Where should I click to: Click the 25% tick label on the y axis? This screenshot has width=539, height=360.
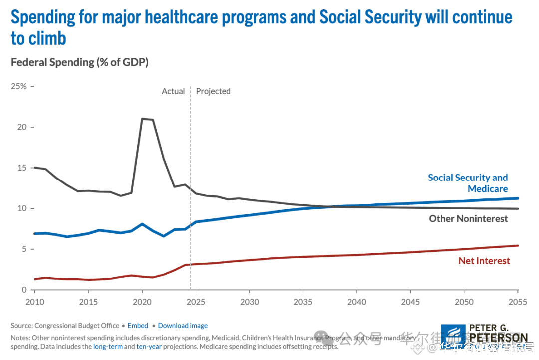pos(19,86)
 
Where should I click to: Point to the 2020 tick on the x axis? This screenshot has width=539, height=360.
pos(142,302)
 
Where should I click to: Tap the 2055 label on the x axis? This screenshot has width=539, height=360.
pos(518,302)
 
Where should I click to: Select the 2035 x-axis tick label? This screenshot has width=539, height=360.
pos(303,302)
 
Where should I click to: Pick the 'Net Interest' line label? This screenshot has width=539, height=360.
pos(484,261)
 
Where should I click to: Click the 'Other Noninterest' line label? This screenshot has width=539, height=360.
pos(468,218)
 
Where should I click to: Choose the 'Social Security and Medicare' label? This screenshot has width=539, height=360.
pos(468,183)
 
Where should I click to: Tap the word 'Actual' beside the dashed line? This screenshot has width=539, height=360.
pos(173,91)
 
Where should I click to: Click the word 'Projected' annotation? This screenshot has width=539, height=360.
pos(213,91)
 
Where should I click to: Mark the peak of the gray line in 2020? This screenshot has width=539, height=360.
pos(143,119)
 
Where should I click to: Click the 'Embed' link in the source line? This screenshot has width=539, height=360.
pos(138,326)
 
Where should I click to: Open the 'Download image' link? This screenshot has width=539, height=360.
pos(183,326)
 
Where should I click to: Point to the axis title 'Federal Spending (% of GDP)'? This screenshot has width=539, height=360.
pos(80,62)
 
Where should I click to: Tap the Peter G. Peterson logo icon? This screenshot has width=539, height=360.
pos(454,336)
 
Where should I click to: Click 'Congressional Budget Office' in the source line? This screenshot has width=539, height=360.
pos(77,326)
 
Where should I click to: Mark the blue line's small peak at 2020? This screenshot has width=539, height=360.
pos(142,224)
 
